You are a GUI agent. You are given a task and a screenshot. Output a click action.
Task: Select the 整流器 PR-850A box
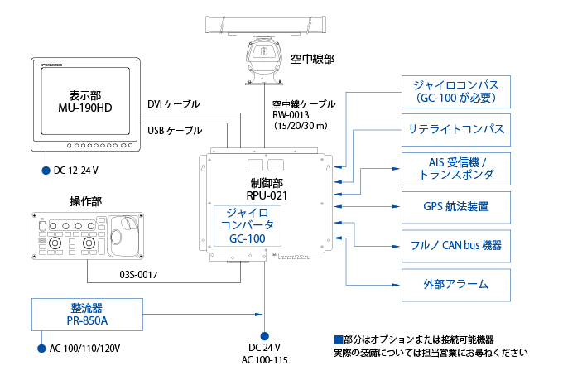point(86,313)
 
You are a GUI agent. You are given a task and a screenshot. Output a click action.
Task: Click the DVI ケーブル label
point(173,104)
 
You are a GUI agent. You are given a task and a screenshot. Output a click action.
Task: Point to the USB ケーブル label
point(174,131)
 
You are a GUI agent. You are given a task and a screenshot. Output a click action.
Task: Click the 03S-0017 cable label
point(138,273)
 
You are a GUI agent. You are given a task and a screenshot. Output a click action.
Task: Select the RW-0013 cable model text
point(289,116)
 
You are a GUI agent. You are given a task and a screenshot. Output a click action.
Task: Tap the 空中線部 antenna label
point(319,59)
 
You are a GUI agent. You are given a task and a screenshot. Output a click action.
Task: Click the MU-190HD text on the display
point(85,108)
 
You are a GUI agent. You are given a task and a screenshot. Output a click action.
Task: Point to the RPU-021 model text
point(266,195)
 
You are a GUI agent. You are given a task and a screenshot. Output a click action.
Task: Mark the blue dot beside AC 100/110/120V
point(40,349)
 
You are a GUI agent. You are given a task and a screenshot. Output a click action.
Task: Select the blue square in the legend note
point(337,339)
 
